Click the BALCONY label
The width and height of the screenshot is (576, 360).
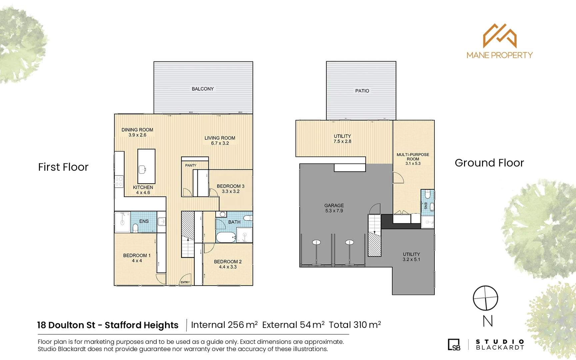(x=203, y=89)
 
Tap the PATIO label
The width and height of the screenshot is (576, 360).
(x=362, y=91)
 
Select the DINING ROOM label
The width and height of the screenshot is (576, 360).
(x=137, y=130)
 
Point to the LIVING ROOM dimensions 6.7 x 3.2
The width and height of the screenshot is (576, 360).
(x=220, y=143)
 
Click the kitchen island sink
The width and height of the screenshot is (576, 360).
(x=143, y=169)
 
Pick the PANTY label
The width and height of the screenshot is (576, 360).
(x=191, y=165)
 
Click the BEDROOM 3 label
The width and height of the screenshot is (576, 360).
(x=230, y=186)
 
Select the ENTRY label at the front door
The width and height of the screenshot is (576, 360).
(x=185, y=282)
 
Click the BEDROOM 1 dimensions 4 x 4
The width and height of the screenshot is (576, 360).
(x=137, y=261)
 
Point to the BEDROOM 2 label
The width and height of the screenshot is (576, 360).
(x=228, y=262)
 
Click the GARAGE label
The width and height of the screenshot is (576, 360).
(x=334, y=206)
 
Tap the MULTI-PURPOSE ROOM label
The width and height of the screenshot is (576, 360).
(x=413, y=157)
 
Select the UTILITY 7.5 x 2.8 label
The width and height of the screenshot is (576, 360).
(x=342, y=139)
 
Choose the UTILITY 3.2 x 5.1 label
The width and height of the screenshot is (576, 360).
(x=411, y=257)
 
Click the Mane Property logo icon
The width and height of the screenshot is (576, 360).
(x=500, y=36)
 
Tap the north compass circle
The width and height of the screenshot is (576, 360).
(x=485, y=298)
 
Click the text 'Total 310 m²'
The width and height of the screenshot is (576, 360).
(x=355, y=325)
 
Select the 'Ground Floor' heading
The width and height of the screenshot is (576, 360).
(x=489, y=163)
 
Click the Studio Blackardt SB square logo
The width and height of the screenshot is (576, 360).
(x=454, y=345)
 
